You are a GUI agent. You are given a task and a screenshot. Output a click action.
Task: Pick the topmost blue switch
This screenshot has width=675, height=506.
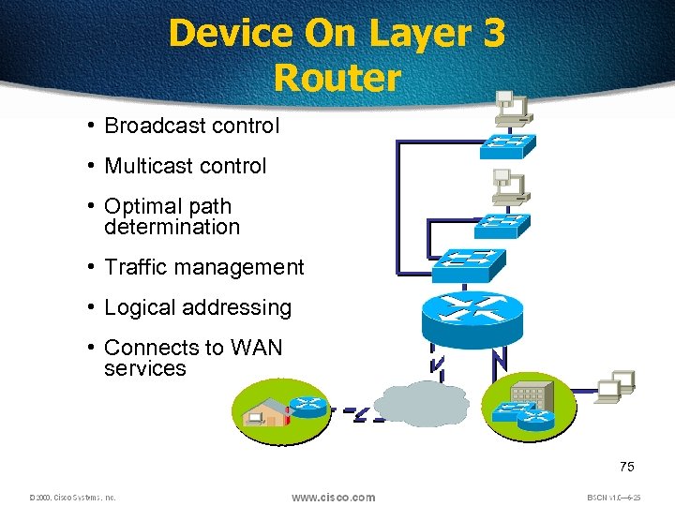coord(507,146)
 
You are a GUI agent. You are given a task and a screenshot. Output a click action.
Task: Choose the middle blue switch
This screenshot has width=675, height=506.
coord(502,224)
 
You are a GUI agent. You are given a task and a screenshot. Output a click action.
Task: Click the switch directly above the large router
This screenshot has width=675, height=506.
coord(466,264)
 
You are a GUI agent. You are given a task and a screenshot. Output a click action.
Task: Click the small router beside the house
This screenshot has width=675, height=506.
coord(308,408)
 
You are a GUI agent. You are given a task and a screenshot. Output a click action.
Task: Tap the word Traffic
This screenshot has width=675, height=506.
coord(136,267)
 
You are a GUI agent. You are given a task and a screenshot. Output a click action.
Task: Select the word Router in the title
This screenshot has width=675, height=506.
coord(337,77)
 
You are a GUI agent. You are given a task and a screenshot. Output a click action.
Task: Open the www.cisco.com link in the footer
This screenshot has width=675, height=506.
coord(333,497)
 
